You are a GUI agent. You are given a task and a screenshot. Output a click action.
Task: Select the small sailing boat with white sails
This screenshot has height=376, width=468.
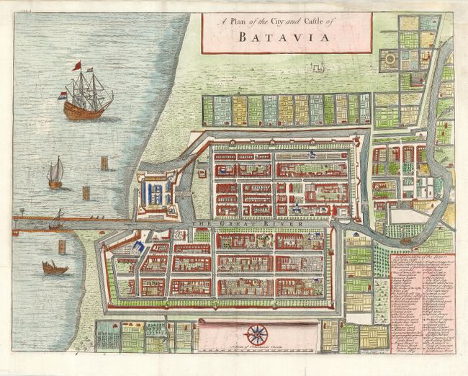tap(55, 174)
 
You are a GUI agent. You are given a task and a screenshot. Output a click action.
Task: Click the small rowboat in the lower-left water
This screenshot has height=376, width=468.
tap(55, 268)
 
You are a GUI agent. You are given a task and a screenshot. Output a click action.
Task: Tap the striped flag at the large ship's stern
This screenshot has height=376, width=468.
tap(62, 95)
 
